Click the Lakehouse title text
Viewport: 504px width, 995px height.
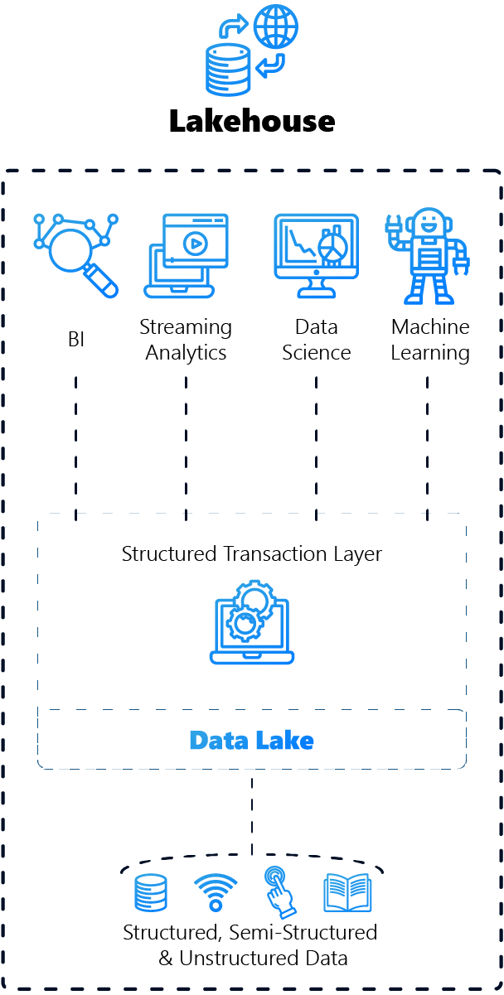click(x=252, y=121)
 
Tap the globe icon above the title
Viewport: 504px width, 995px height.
click(x=276, y=27)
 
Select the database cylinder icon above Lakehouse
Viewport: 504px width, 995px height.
click(x=228, y=69)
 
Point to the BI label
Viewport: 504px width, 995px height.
click(x=76, y=339)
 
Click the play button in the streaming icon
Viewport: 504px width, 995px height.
click(x=196, y=244)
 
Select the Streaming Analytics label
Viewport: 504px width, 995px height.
click(x=186, y=340)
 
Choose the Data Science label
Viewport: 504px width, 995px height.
click(x=316, y=340)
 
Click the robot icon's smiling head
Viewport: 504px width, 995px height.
click(x=428, y=224)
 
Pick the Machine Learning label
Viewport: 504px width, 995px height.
click(x=430, y=340)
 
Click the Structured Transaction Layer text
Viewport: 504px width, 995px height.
click(x=252, y=553)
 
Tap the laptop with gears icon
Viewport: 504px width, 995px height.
click(x=252, y=621)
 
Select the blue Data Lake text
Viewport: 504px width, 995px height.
click(x=252, y=739)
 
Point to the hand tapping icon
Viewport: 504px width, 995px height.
click(x=279, y=891)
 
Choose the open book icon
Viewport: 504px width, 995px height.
click(x=347, y=893)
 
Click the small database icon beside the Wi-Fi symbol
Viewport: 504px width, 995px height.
click(x=151, y=893)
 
